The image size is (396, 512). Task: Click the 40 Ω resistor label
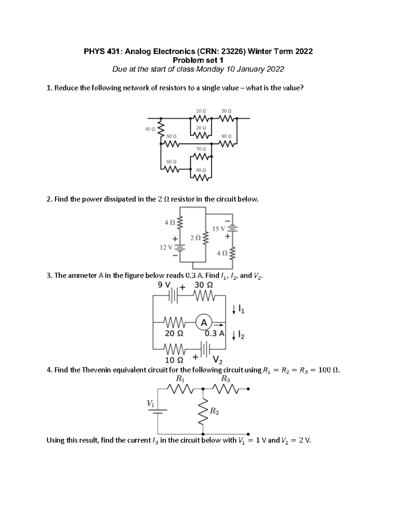point(150,129)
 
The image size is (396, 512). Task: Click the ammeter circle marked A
point(204,322)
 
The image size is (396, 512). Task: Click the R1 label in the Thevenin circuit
point(181,378)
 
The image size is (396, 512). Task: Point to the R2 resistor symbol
point(203,411)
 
